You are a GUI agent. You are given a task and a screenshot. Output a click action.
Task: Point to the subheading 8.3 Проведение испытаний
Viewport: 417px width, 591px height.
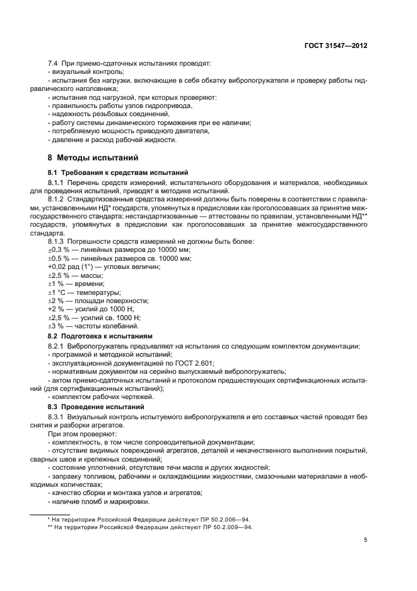(x=96, y=407)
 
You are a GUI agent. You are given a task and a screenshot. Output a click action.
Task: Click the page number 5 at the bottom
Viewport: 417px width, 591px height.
(x=365, y=540)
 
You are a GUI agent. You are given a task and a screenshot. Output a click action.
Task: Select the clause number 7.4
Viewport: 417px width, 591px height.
(x=55, y=65)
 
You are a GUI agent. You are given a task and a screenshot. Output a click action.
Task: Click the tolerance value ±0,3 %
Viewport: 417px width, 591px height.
(x=59, y=251)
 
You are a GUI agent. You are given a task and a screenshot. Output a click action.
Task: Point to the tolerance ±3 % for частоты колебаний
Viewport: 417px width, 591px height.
(x=57, y=326)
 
